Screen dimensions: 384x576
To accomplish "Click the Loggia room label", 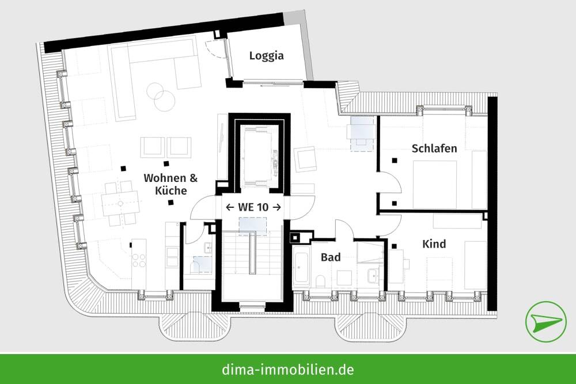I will click(267, 56).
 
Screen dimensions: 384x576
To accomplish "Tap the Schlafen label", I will click(434, 148).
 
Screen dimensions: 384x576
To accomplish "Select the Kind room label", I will click(434, 244).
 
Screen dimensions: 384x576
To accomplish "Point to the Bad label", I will click(331, 257).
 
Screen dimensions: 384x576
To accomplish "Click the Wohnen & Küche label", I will click(165, 184).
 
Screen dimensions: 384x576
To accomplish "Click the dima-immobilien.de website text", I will click(287, 368).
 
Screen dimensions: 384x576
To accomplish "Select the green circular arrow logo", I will click(545, 321).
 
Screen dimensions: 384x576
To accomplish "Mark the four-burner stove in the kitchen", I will click(139, 260).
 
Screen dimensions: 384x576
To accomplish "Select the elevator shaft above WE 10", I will click(258, 155).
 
